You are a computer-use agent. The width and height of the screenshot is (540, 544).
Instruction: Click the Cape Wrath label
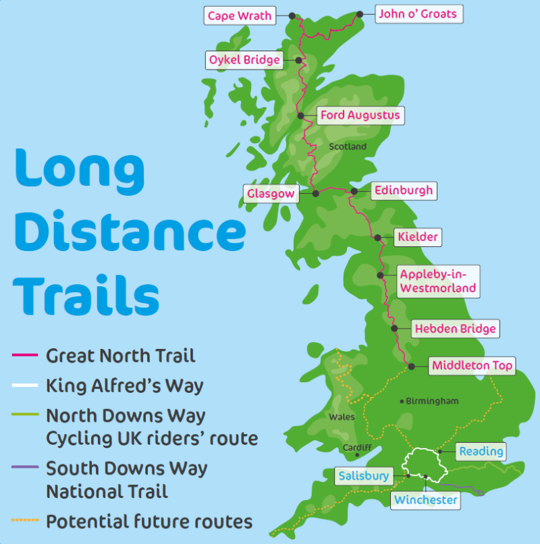(x=240, y=16)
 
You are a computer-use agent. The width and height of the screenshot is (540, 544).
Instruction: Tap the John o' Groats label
(x=418, y=13)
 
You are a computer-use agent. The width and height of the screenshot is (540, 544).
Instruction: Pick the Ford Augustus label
(x=360, y=115)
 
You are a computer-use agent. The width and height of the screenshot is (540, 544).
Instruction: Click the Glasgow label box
(x=271, y=194)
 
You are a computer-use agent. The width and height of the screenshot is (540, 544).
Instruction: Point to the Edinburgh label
(x=403, y=190)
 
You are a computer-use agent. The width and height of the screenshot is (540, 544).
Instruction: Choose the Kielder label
(x=418, y=237)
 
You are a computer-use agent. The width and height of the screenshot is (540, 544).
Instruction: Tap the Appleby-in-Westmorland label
(x=438, y=281)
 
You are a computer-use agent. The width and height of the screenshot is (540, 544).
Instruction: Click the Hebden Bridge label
(x=455, y=329)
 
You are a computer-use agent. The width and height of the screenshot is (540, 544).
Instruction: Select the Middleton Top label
(x=473, y=366)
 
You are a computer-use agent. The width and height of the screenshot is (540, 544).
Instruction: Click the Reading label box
(x=481, y=451)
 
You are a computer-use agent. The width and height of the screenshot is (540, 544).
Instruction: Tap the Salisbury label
(x=364, y=477)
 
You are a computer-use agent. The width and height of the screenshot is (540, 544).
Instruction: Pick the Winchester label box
(x=426, y=500)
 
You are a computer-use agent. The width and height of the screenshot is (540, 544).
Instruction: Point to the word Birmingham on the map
(x=433, y=401)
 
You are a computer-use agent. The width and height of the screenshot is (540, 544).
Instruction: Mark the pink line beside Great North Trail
(x=25, y=355)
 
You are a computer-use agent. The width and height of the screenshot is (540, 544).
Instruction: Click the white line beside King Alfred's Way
(x=25, y=386)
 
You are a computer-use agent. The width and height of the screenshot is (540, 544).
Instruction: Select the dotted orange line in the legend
(x=25, y=521)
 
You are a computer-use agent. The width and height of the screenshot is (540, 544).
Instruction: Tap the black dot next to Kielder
(x=378, y=237)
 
